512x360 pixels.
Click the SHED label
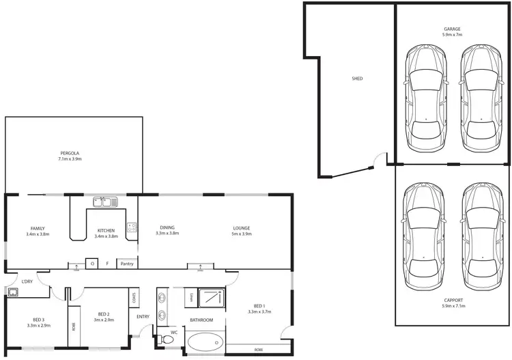(x=356, y=79)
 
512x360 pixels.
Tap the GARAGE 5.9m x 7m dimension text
(x=452, y=35)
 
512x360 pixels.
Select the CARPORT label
(x=452, y=300)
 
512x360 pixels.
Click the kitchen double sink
(x=105, y=202)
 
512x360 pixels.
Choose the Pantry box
(x=127, y=263)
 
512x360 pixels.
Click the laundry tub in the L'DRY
(x=13, y=292)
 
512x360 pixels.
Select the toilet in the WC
(x=166, y=340)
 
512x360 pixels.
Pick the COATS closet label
(x=134, y=297)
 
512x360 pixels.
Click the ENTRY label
(x=143, y=316)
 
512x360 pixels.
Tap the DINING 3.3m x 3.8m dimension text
(x=167, y=234)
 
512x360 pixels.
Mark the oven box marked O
(x=92, y=263)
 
